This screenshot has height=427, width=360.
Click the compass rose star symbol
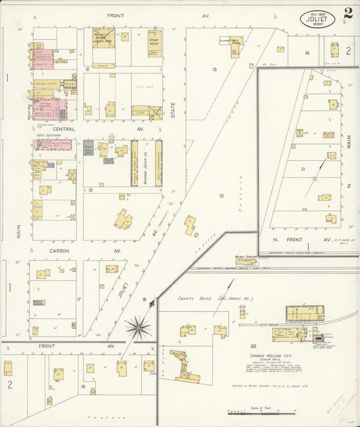coord(138,328)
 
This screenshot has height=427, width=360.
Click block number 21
coord(303,169)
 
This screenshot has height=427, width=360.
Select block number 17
coord(79,299)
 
